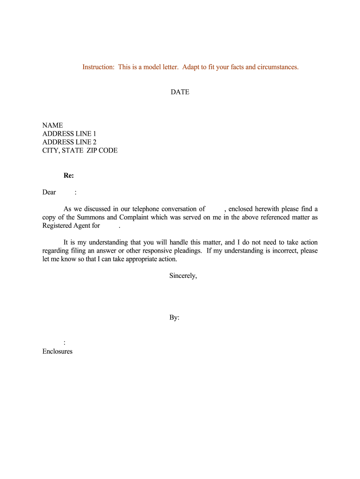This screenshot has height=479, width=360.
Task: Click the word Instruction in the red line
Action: (98, 67)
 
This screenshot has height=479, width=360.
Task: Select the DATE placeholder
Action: (180, 92)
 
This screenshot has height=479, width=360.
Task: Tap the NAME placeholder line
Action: (52, 125)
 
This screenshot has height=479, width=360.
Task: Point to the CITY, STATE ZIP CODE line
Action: (80, 151)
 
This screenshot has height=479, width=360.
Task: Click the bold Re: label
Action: (69, 176)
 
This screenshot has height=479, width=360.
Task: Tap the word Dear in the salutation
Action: (49, 192)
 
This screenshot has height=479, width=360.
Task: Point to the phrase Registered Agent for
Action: (71, 226)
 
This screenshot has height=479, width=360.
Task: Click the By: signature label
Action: (174, 318)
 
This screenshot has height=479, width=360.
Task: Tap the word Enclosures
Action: (58, 351)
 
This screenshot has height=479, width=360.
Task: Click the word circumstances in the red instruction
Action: (278, 67)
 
